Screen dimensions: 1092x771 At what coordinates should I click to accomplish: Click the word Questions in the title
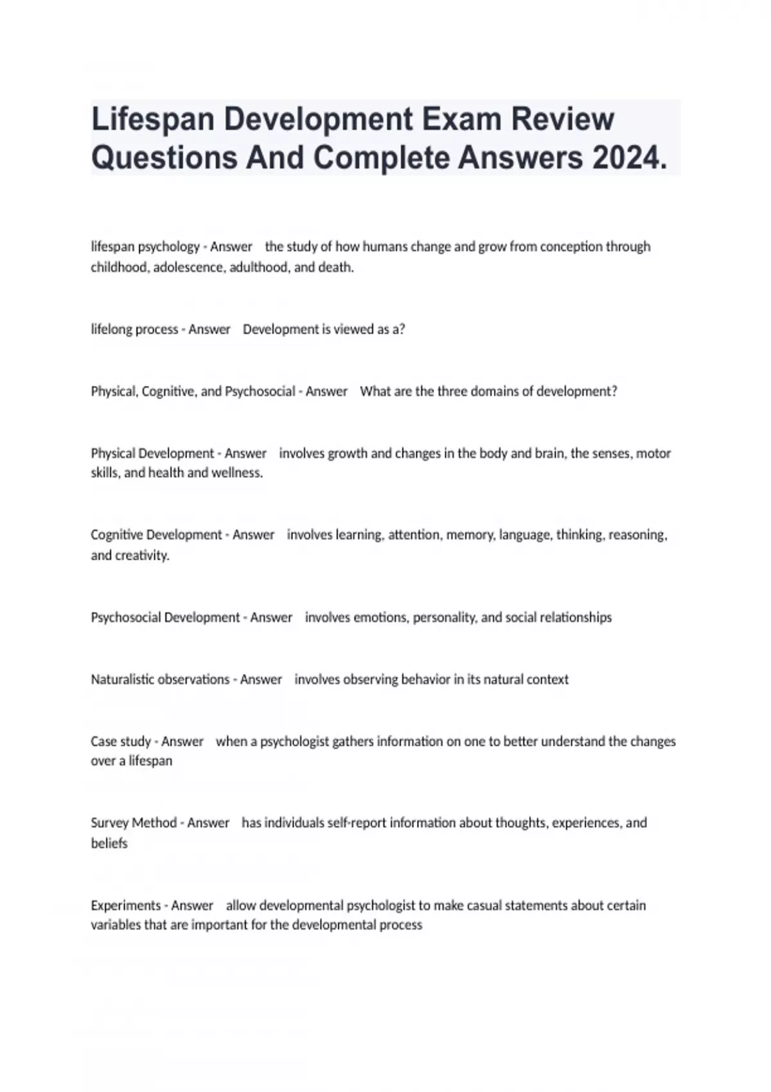(x=164, y=158)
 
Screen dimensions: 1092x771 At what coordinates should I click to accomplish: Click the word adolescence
(x=189, y=267)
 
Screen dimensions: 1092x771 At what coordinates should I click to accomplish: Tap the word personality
(x=445, y=617)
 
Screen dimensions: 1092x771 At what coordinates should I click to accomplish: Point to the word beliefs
(x=109, y=843)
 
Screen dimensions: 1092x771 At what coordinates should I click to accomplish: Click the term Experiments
(x=126, y=906)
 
